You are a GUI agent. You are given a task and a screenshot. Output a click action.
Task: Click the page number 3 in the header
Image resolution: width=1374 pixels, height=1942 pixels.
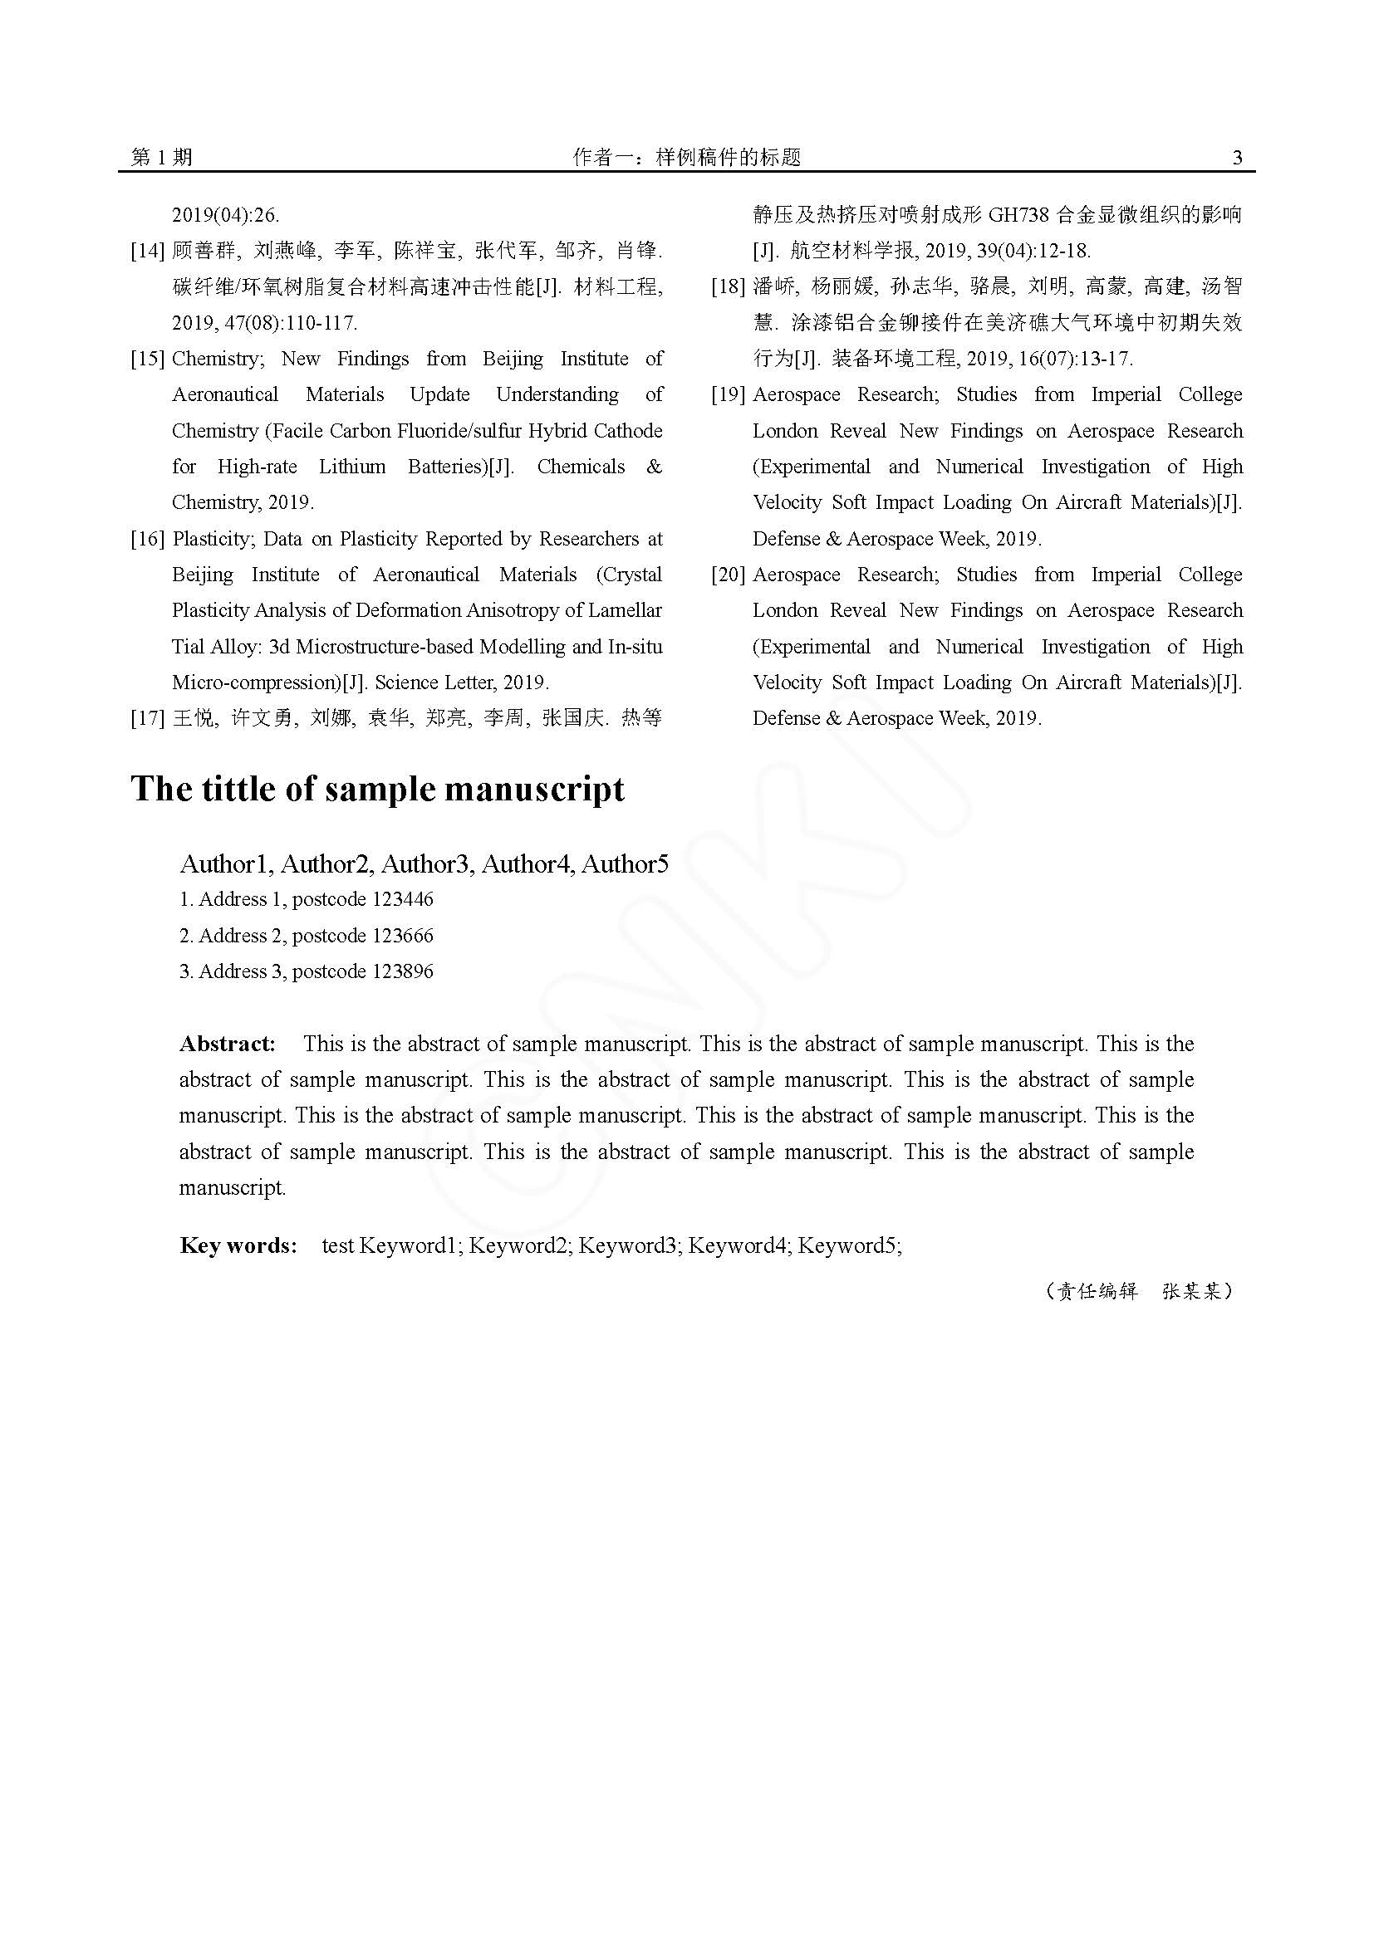tap(1237, 157)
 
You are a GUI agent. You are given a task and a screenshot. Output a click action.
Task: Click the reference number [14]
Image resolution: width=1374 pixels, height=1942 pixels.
tap(147, 252)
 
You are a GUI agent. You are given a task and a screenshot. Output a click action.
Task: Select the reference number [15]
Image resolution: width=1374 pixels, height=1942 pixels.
tap(147, 359)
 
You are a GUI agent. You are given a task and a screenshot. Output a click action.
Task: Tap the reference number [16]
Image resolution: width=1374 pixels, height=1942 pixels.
tap(147, 539)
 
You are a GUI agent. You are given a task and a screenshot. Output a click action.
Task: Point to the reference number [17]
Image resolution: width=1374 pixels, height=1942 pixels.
tap(147, 719)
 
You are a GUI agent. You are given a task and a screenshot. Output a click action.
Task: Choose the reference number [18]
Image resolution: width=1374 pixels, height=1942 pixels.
tap(728, 286)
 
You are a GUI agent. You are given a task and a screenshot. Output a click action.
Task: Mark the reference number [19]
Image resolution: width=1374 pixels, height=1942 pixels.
tap(728, 395)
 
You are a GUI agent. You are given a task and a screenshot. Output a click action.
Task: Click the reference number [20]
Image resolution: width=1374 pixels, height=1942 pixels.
tap(728, 575)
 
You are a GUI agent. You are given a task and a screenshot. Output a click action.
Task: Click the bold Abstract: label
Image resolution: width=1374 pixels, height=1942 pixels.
tap(228, 1044)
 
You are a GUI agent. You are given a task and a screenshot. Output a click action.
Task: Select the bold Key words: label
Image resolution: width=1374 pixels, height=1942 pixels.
tap(238, 1245)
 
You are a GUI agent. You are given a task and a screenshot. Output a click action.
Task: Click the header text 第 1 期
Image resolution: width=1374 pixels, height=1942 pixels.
tap(162, 157)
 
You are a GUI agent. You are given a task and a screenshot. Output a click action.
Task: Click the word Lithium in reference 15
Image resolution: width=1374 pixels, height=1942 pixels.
tap(352, 467)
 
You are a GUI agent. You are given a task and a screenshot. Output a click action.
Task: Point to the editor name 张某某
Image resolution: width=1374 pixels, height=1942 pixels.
tap(1191, 1292)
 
